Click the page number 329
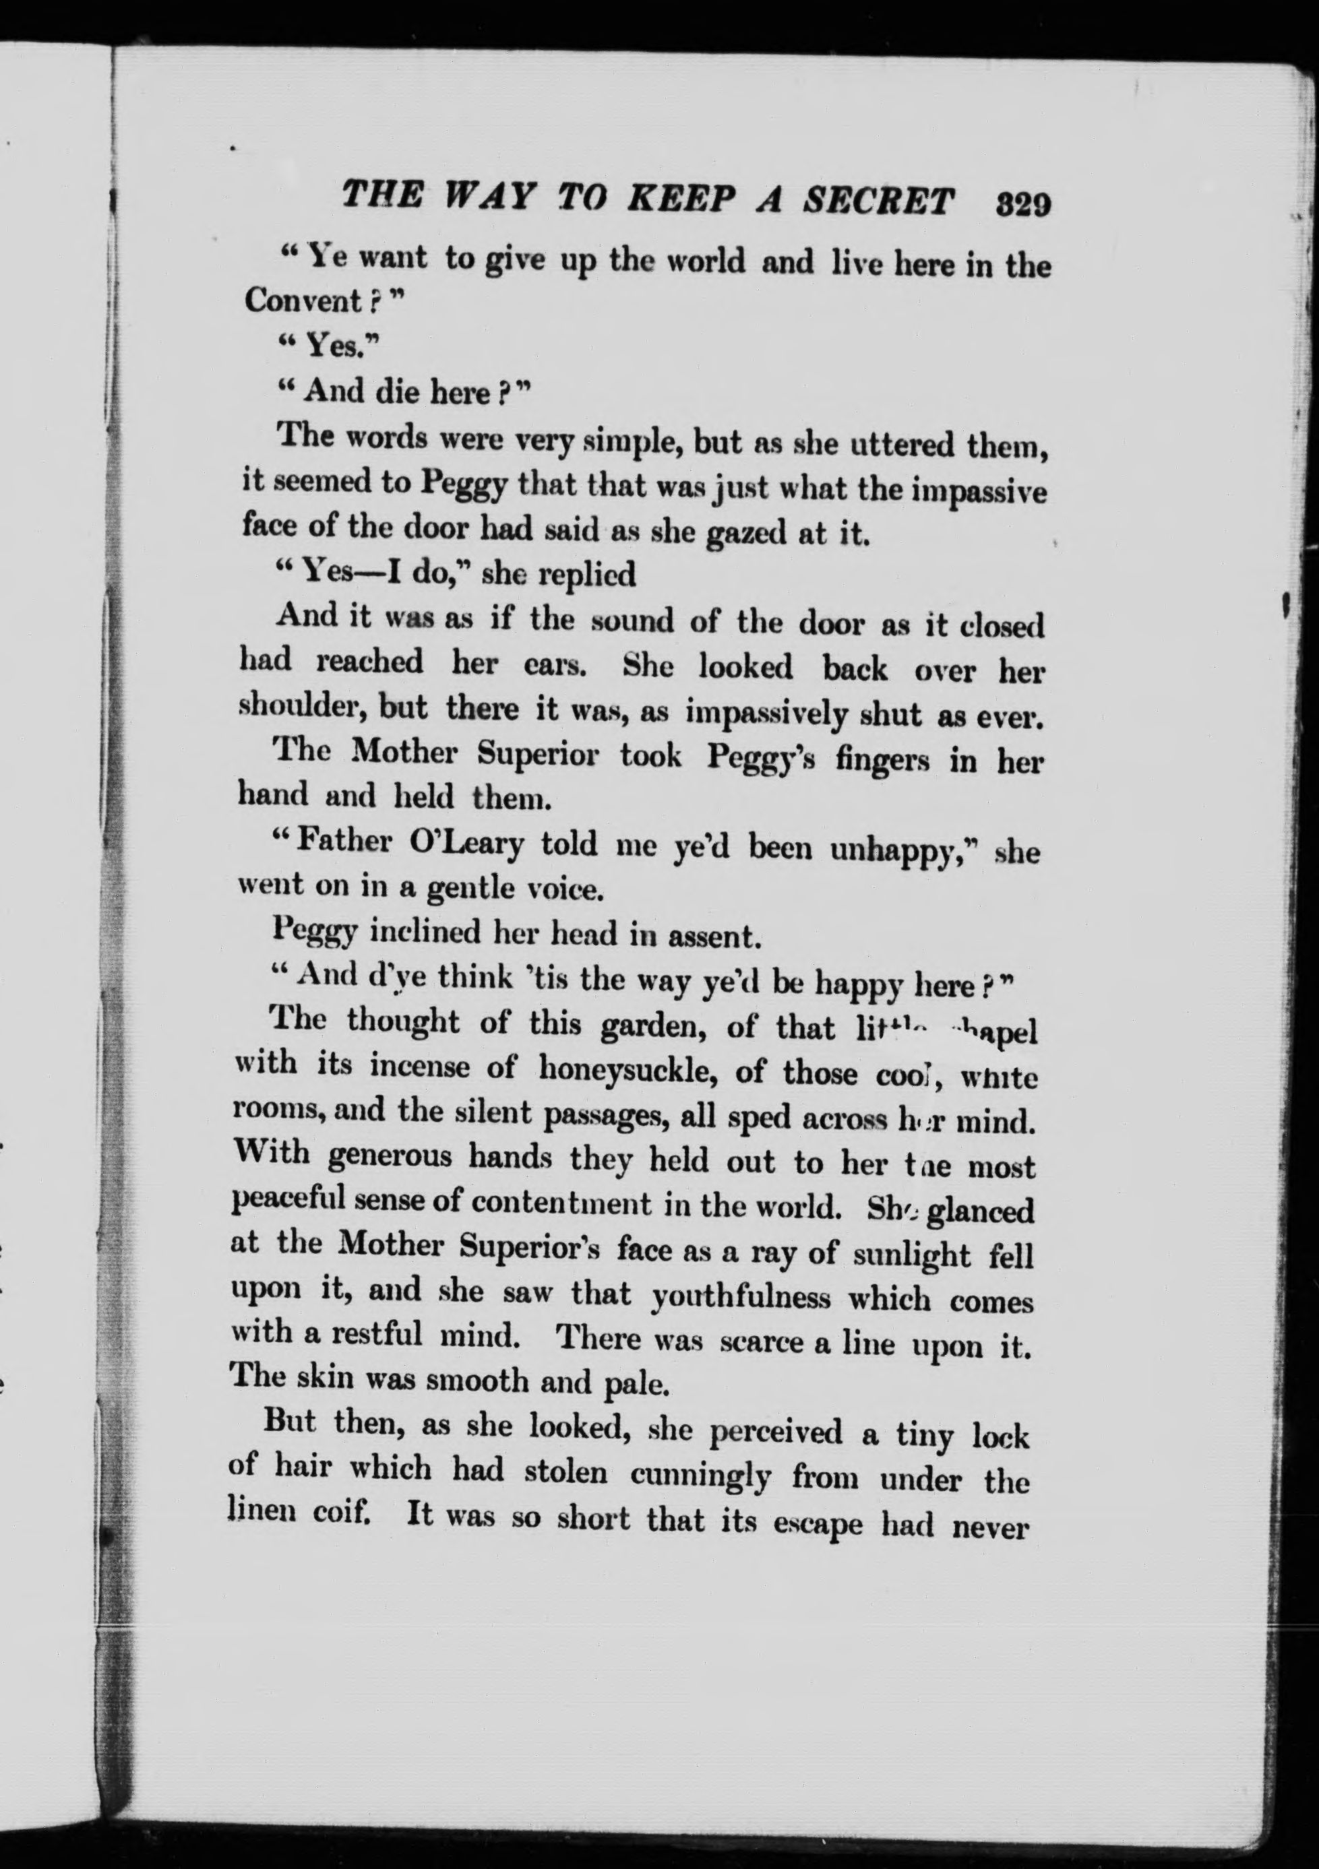[x=1023, y=203]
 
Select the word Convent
[x=303, y=301]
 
